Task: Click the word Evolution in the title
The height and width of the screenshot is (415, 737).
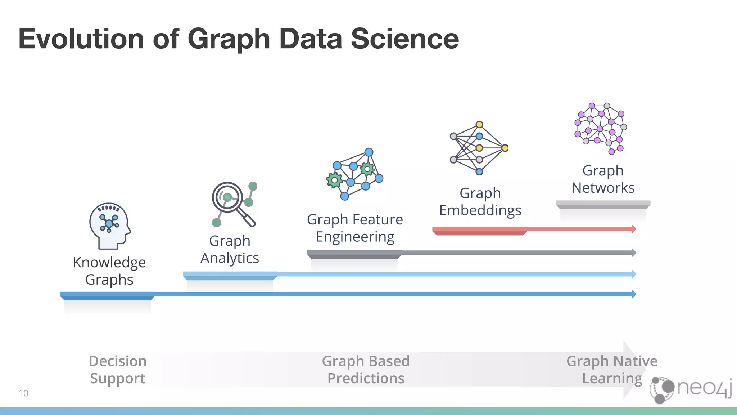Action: (81, 39)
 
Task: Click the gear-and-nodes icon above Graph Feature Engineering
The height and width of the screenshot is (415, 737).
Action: (354, 174)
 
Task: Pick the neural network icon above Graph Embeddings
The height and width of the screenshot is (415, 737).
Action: (479, 148)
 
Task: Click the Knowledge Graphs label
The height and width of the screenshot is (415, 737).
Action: (109, 271)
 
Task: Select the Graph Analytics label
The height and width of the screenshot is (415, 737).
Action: (230, 249)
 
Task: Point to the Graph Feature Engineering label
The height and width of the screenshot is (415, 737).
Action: (355, 228)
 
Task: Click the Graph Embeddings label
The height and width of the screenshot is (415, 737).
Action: (480, 201)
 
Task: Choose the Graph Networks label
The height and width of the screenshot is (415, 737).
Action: (603, 179)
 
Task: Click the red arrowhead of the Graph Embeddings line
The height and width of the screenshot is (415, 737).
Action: (634, 229)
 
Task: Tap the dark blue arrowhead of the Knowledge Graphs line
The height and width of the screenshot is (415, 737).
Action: (634, 294)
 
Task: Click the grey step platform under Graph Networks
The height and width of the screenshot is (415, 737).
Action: (603, 205)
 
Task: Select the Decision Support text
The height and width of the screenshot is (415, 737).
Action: (118, 370)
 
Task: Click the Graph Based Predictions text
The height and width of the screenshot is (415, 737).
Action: (366, 370)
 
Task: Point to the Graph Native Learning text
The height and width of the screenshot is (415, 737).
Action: (612, 370)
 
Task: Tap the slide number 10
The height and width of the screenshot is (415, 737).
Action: (23, 393)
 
